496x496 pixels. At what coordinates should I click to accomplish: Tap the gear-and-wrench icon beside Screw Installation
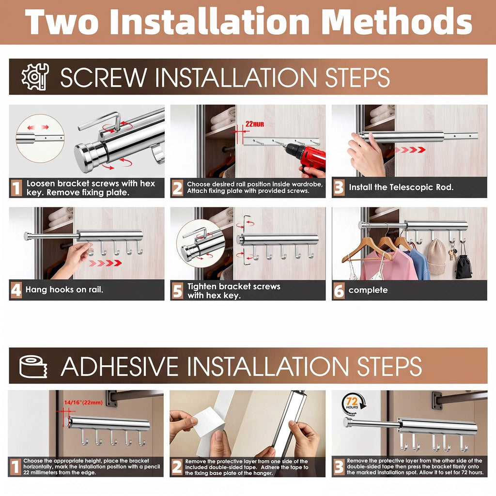(x=35, y=77)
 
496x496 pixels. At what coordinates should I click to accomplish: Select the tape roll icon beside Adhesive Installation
(x=33, y=366)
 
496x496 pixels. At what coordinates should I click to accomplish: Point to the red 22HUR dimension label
(x=255, y=124)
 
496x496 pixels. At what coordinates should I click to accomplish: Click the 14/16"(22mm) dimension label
(x=83, y=403)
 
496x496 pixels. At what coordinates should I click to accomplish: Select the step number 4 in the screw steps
(x=16, y=290)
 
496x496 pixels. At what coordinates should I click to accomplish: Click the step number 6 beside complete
(x=339, y=290)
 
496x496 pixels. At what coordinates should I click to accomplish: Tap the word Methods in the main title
(x=398, y=21)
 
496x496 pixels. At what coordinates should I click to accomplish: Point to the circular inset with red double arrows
(x=40, y=138)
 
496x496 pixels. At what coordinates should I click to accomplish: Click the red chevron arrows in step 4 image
(x=105, y=263)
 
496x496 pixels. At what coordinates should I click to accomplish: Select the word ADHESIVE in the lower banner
(x=123, y=366)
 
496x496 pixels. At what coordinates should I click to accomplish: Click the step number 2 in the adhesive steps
(x=177, y=467)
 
